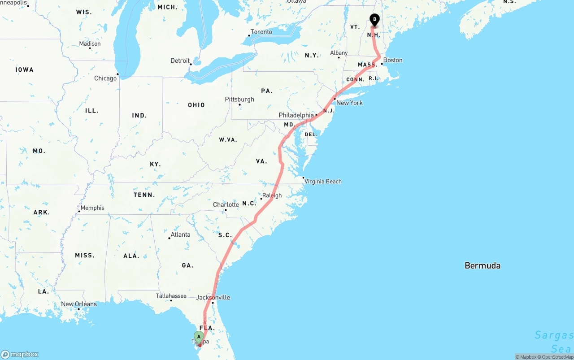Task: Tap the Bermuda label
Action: [482, 265]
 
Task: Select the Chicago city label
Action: [105, 78]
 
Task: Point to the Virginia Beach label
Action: [323, 182]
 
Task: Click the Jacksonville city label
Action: [213, 297]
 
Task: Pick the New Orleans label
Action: [79, 304]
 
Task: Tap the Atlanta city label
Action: [180, 234]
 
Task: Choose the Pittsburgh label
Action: [239, 100]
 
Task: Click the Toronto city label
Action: [261, 32]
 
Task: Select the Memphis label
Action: [92, 208]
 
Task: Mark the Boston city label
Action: [393, 60]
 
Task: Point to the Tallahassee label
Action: [171, 296]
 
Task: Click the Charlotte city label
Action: [226, 204]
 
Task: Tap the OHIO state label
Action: [196, 105]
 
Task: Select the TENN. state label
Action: [144, 195]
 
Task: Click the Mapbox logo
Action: [20, 355]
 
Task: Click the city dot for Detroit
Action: [191, 64]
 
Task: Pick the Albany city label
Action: [339, 53]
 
